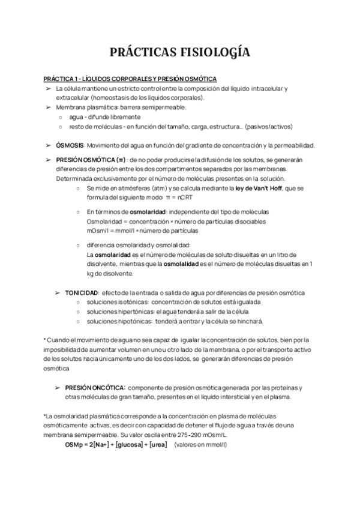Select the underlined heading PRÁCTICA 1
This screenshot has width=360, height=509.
point(130,79)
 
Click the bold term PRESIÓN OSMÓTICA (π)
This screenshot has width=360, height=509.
point(91,160)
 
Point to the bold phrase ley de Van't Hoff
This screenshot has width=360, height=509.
point(260,188)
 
